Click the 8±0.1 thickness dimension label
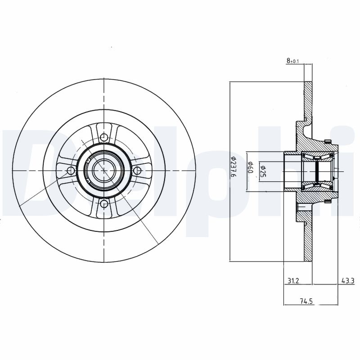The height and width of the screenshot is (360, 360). pyautogui.click(x=292, y=60)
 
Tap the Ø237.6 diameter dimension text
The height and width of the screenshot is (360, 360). pyautogui.click(x=234, y=167)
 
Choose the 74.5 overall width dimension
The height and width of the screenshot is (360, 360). pyautogui.click(x=306, y=302)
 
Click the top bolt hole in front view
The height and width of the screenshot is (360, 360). pyautogui.click(x=104, y=137)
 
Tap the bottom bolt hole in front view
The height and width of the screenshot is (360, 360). pyautogui.click(x=104, y=205)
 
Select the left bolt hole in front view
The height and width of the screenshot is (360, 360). pyautogui.click(x=70, y=171)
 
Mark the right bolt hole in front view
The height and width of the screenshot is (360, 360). pyautogui.click(x=138, y=171)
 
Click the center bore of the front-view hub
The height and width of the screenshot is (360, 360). pyautogui.click(x=104, y=171)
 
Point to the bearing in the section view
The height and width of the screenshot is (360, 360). pyautogui.click(x=317, y=171)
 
